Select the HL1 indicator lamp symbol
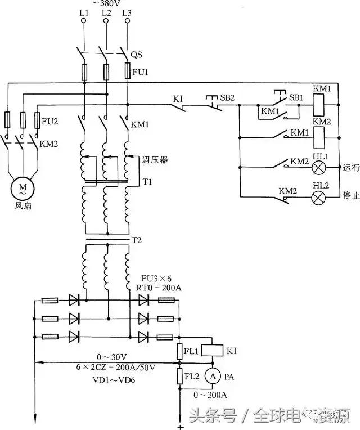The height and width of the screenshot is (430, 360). click(320, 168)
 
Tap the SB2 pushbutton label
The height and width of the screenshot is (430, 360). click(227, 97)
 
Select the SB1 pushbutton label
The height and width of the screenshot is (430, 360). click(295, 97)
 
